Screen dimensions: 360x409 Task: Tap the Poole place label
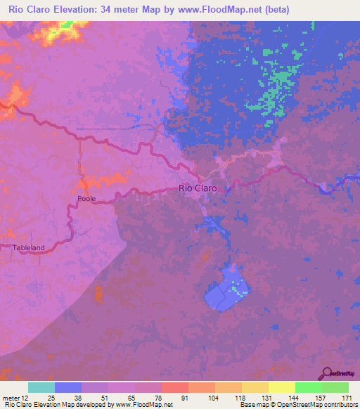click(x=86, y=199)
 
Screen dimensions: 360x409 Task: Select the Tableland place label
click(x=29, y=247)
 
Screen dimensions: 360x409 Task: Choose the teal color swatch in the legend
click(x=41, y=387)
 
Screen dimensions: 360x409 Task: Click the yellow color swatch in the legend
click(x=281, y=387)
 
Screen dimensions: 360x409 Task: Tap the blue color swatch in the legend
click(x=67, y=387)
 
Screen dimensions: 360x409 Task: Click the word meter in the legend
click(x=11, y=398)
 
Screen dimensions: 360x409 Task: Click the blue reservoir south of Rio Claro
click(x=226, y=290)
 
